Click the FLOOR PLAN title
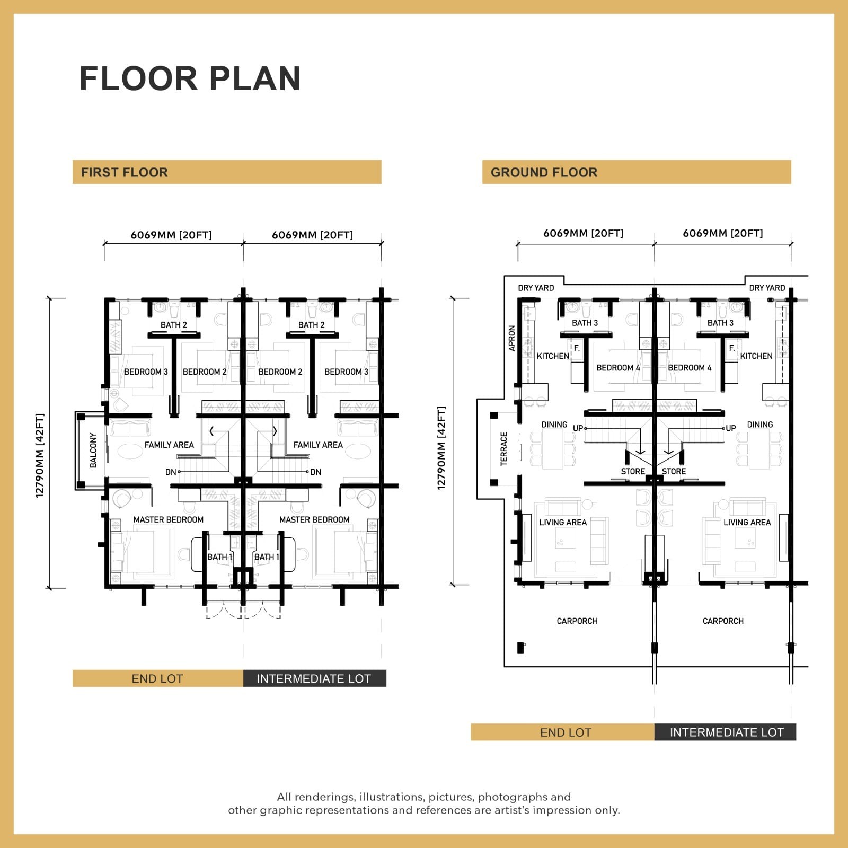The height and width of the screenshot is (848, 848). click(190, 78)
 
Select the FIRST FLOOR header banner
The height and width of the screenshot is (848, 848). click(227, 172)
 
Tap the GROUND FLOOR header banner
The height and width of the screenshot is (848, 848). click(637, 172)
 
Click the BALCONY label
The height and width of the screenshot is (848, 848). click(93, 450)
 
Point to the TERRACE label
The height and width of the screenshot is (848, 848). click(503, 449)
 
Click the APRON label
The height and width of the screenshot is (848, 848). click(512, 338)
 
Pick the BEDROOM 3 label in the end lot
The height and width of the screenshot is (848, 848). click(146, 372)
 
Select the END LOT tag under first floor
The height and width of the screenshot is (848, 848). click(158, 678)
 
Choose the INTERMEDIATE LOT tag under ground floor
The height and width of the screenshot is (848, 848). click(726, 732)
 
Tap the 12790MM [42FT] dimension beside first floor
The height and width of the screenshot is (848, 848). click(40, 455)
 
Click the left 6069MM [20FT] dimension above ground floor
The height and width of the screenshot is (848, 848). click(583, 233)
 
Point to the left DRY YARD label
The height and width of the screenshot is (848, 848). click(536, 288)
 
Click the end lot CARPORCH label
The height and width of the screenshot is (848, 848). click(577, 621)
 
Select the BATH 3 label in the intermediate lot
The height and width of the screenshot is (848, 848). click(720, 323)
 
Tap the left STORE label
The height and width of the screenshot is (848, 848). click(633, 471)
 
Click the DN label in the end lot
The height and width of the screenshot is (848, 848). click(171, 472)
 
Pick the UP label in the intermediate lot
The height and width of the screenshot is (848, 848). click(731, 428)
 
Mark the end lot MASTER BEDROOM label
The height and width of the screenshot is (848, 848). click(169, 519)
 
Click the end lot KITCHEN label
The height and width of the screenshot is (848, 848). click(553, 356)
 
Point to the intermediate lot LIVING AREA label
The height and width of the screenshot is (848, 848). click(747, 522)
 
